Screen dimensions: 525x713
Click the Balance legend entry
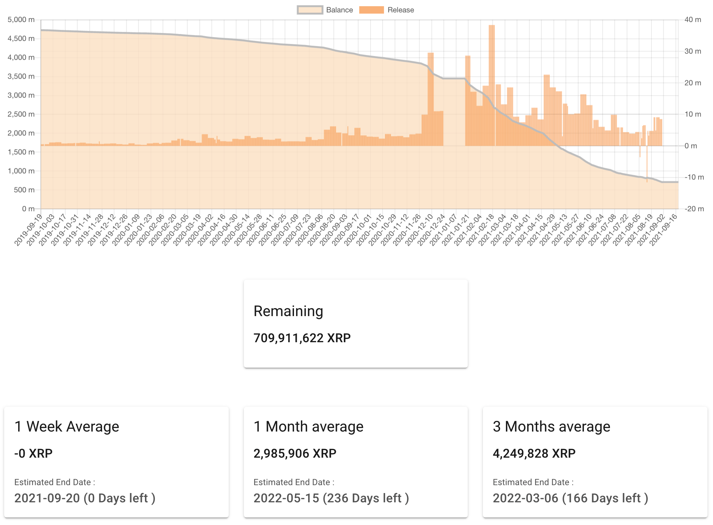[x=325, y=10]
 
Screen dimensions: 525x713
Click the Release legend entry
[x=386, y=10]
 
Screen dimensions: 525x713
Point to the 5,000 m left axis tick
[x=21, y=20]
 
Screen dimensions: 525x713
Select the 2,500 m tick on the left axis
[x=21, y=114]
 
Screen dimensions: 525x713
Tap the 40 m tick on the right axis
[x=692, y=20]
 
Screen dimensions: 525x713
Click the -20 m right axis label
[x=694, y=209]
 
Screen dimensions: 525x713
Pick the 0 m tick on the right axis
[x=690, y=146]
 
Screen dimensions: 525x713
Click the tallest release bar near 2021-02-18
[x=491, y=86]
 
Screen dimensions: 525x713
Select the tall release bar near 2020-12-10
[x=430, y=100]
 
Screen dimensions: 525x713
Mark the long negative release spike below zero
[x=647, y=165]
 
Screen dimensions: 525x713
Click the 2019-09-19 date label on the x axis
[x=29, y=229]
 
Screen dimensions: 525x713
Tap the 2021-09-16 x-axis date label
[x=664, y=229]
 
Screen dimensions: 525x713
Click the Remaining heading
[x=288, y=311]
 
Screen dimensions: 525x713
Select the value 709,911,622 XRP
[x=302, y=338]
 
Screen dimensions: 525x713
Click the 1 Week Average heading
[x=67, y=426]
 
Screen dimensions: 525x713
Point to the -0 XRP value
[x=33, y=454]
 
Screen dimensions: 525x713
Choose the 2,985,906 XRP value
[x=295, y=454]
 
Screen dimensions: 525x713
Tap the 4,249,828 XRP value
[x=534, y=454]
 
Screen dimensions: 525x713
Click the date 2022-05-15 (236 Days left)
[x=331, y=498]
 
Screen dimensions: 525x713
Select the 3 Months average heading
[x=551, y=426]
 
